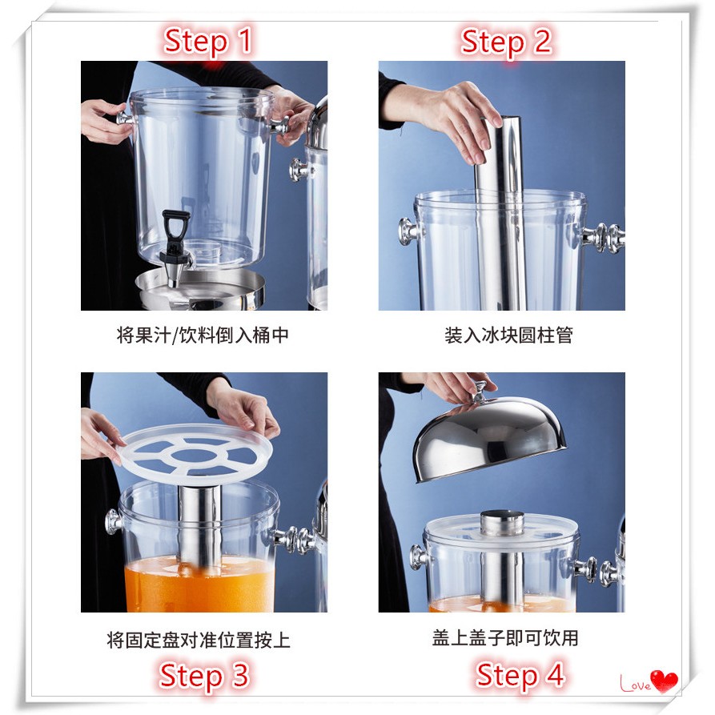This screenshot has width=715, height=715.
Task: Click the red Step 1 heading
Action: click(208, 41)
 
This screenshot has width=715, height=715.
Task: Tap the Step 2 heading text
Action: click(506, 41)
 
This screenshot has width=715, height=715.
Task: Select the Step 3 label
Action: click(204, 675)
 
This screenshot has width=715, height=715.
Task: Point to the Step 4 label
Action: click(520, 675)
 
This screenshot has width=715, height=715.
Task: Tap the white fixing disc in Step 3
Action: click(195, 454)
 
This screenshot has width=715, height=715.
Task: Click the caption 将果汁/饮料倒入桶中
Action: click(203, 335)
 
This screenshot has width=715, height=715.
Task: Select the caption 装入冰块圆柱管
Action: click(508, 335)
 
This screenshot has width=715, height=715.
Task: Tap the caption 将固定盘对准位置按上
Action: click(199, 640)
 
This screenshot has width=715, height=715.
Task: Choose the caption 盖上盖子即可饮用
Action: click(505, 638)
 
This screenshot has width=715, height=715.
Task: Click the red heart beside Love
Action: click(664, 681)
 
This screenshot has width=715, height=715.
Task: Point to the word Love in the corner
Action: click(635, 684)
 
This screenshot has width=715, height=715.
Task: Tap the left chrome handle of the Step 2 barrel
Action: click(408, 231)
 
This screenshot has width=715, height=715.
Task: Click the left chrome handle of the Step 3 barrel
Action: click(113, 522)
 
